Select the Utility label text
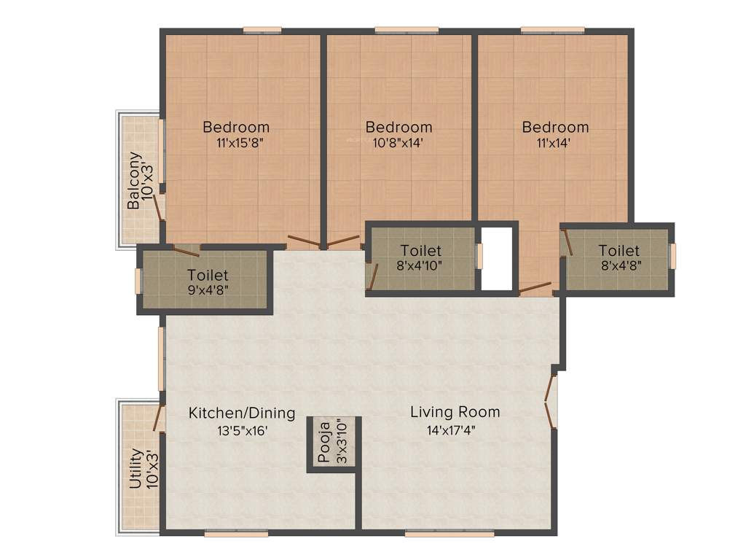[135, 469]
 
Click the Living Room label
[455, 412]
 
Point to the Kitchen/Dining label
[242, 413]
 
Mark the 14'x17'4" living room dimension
[455, 429]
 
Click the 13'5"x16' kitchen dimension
[242, 430]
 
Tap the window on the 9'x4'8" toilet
[138, 281]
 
